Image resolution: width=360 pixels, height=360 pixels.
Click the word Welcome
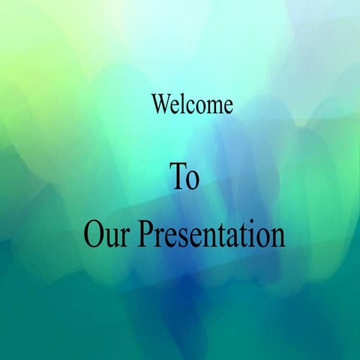(192, 104)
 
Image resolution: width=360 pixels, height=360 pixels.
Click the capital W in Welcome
(160, 104)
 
